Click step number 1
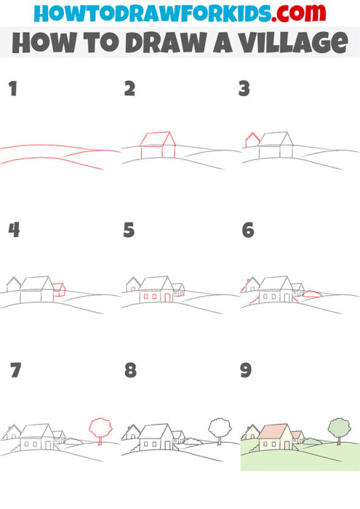pyautogui.click(x=12, y=89)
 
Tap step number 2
pyautogui.click(x=129, y=89)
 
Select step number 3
pyautogui.click(x=244, y=89)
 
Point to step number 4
pyautogui.click(x=12, y=231)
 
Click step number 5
pyautogui.click(x=129, y=231)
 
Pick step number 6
pyautogui.click(x=247, y=231)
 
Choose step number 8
pyautogui.click(x=130, y=370)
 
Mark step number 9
pyautogui.click(x=247, y=370)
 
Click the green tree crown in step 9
pyautogui.click(x=337, y=426)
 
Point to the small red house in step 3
pyautogui.click(x=252, y=140)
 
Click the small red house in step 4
pyautogui.click(x=60, y=290)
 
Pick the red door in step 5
pyautogui.click(x=167, y=297)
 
